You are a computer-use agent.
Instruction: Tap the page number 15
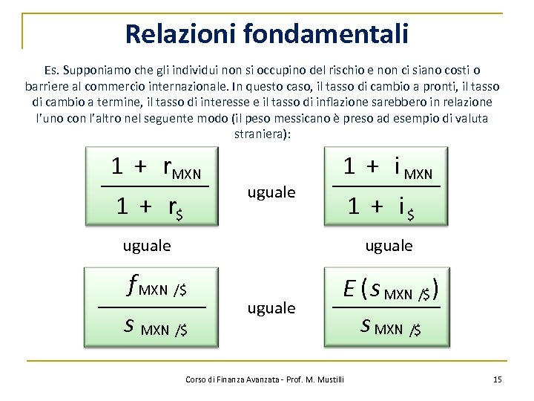[x=497, y=379]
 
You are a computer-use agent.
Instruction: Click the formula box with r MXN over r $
[x=154, y=186]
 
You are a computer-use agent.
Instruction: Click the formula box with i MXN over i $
[x=386, y=186]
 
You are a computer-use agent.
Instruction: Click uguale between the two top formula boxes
[x=271, y=192]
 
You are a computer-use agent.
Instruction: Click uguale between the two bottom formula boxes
[x=271, y=307]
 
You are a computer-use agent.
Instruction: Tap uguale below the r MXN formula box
[x=146, y=245]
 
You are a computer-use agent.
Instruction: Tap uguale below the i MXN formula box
[x=389, y=245]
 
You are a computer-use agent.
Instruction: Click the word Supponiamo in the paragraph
[x=96, y=71]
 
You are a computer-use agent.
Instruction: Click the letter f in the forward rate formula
[x=133, y=284]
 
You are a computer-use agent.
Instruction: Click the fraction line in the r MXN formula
[x=155, y=186]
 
